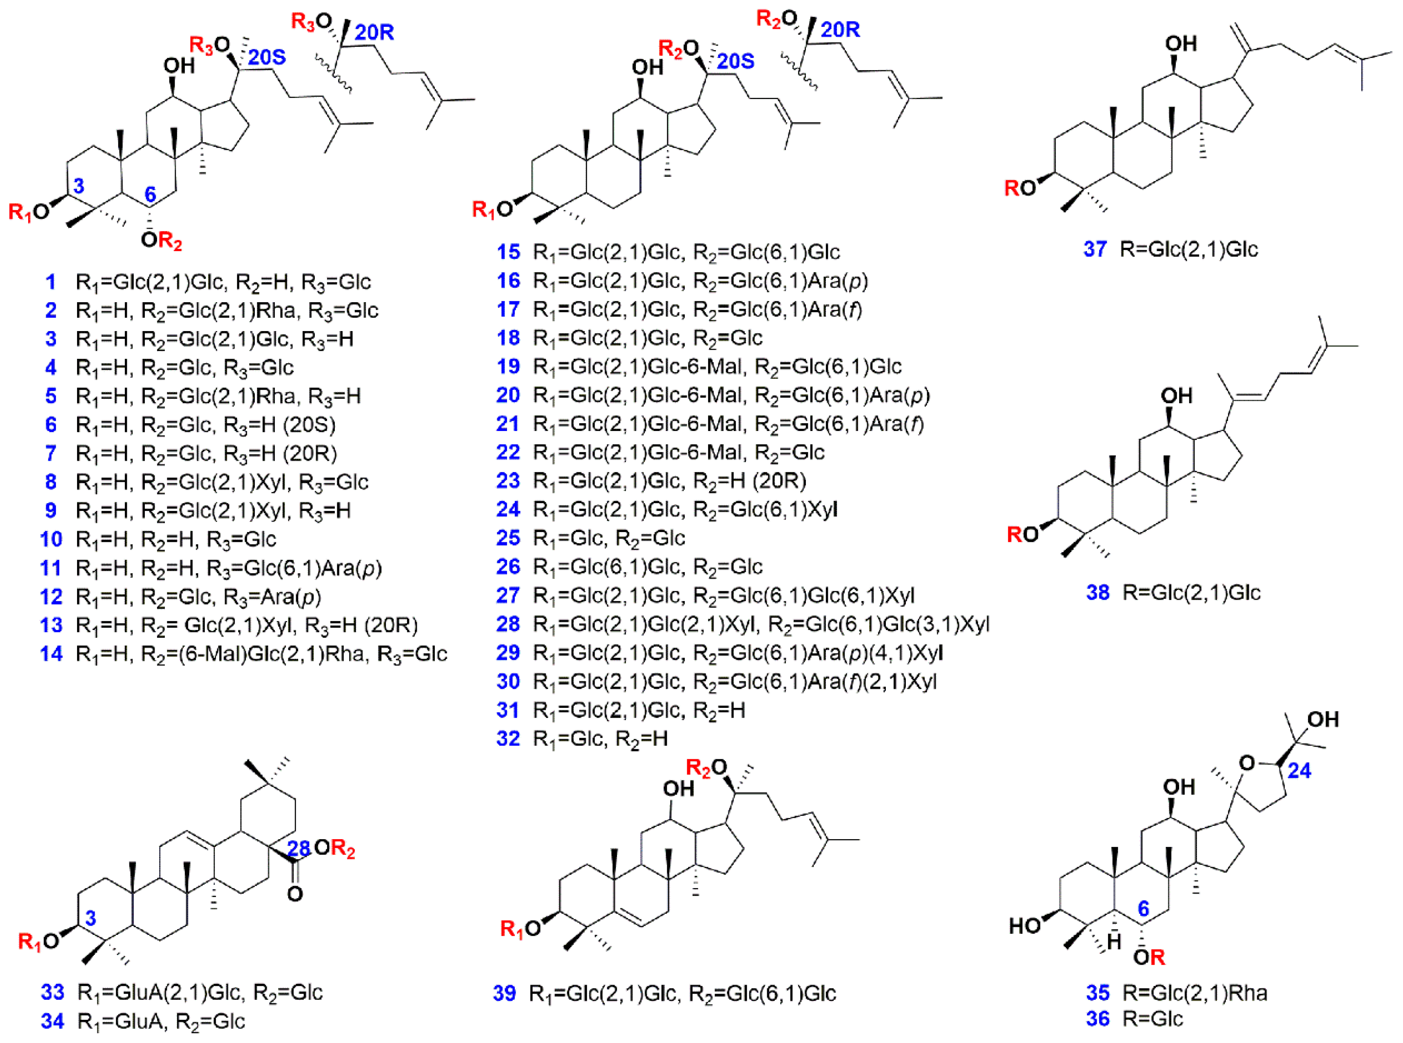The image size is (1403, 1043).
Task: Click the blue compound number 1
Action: pyautogui.click(x=51, y=282)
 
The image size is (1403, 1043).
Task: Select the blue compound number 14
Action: pyautogui.click(x=51, y=654)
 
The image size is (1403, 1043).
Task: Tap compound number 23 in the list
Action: pyautogui.click(x=508, y=481)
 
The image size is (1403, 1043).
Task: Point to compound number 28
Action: pyautogui.click(x=508, y=624)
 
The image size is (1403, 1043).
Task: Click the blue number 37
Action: pyautogui.click(x=1095, y=250)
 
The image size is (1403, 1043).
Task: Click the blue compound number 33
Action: pyautogui.click(x=52, y=992)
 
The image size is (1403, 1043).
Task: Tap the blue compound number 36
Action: pyautogui.click(x=1098, y=1019)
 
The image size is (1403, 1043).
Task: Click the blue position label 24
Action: pyautogui.click(x=1299, y=770)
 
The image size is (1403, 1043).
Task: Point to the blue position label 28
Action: pyautogui.click(x=299, y=848)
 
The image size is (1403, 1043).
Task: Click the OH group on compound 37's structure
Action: pyautogui.click(x=1181, y=44)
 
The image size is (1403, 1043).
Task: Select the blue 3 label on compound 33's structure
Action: pyautogui.click(x=91, y=917)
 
